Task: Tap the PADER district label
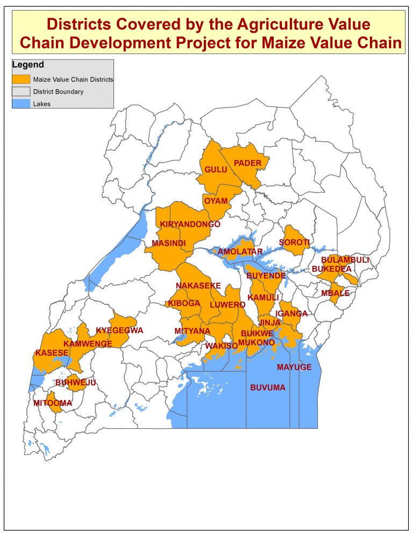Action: pos(248,163)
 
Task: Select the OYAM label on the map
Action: pos(216,201)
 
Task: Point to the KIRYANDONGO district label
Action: pos(190,224)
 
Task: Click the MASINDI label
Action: pos(168,243)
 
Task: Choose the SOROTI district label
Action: pos(294,243)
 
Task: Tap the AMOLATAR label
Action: pos(240,251)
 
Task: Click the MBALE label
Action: pos(335,293)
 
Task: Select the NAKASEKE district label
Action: pos(198,286)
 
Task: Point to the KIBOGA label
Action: pos(184,304)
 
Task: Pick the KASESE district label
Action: pos(52,353)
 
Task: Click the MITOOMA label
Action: pos(53,403)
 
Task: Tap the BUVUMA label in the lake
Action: pos(268,387)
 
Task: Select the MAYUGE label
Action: pos(294,367)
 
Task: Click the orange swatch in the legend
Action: pos(22,79)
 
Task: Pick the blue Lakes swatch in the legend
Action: pos(22,103)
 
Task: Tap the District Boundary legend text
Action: pos(58,92)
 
